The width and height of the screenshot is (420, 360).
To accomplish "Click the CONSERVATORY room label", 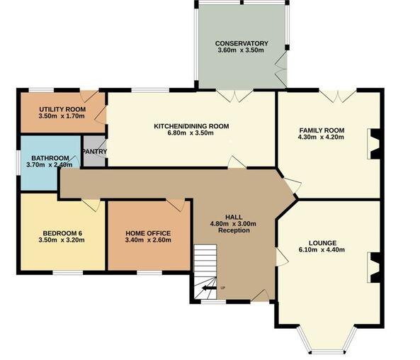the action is (242, 43).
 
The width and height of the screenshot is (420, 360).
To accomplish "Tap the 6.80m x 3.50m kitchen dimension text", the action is (191, 133).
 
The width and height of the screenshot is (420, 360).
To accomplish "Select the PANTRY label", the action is (95, 152).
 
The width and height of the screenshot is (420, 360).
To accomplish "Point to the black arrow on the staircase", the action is (209, 288).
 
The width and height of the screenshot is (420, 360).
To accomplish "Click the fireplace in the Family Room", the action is (374, 144).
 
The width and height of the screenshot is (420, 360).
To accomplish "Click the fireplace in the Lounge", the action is (374, 268).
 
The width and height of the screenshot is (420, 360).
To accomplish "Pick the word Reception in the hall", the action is (234, 230).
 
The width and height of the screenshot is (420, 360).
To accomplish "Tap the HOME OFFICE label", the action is (148, 233).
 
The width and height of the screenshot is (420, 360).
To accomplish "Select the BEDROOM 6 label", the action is (62, 233).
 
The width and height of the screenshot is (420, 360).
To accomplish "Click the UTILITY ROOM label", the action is (62, 109).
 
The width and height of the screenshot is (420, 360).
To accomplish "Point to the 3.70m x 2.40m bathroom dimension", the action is (50, 164).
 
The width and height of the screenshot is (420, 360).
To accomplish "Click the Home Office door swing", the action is (176, 205).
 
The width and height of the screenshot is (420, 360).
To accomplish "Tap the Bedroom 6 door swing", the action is (91, 205).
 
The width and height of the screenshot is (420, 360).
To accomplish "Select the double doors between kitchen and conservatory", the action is (234, 96).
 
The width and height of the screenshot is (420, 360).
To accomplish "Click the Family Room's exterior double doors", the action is (338, 96).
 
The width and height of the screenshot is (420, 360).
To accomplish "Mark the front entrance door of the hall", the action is (260, 296).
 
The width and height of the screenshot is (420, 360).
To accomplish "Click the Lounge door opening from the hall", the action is (282, 257).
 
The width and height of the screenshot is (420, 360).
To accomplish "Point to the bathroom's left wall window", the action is (18, 163).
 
